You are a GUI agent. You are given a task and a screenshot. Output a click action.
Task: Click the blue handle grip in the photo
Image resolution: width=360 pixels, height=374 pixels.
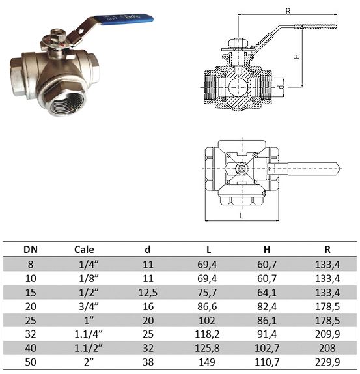pyautogui.click(x=124, y=19)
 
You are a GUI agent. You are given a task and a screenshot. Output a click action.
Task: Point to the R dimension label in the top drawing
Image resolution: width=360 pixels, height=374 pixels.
pyautogui.click(x=288, y=11)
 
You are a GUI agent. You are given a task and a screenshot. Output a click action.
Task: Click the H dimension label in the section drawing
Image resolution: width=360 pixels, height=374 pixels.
pyautogui.click(x=297, y=57)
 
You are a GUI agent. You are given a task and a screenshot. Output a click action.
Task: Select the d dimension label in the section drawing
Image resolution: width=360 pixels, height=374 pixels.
pyautogui.click(x=282, y=87)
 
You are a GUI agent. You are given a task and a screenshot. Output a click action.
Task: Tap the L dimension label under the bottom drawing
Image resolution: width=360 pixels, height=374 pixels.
pyautogui.click(x=242, y=216)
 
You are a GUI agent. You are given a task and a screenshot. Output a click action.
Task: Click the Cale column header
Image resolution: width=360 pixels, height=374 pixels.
pyautogui.click(x=84, y=250)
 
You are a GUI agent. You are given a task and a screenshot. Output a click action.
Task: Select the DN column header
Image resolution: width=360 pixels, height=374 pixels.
pyautogui.click(x=31, y=250)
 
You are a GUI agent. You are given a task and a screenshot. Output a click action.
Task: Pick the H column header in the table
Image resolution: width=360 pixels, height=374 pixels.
pyautogui.click(x=267, y=250)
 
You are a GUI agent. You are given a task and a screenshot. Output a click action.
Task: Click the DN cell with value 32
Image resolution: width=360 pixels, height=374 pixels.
pyautogui.click(x=31, y=334)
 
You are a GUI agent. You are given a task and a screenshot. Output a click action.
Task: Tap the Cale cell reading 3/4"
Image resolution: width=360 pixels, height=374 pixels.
pyautogui.click(x=89, y=306)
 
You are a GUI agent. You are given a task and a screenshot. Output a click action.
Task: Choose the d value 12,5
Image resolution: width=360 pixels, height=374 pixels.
pyautogui.click(x=148, y=293)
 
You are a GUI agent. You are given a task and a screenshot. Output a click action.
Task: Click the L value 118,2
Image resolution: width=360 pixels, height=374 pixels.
pyautogui.click(x=207, y=334)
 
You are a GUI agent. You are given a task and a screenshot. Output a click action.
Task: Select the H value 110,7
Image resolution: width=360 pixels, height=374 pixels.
pyautogui.click(x=267, y=362)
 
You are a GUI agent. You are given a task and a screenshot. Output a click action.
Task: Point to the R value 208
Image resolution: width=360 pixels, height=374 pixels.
pyautogui.click(x=327, y=348)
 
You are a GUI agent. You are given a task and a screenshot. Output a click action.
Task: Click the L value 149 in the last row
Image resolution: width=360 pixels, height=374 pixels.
pyautogui.click(x=207, y=362)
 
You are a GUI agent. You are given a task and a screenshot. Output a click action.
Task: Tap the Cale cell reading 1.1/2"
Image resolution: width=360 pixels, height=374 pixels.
pyautogui.click(x=89, y=348)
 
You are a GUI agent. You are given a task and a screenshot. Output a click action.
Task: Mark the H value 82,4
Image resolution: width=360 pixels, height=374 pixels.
pyautogui.click(x=267, y=306)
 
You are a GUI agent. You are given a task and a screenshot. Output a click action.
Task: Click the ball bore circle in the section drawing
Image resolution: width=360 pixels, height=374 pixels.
pyautogui.click(x=238, y=87)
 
